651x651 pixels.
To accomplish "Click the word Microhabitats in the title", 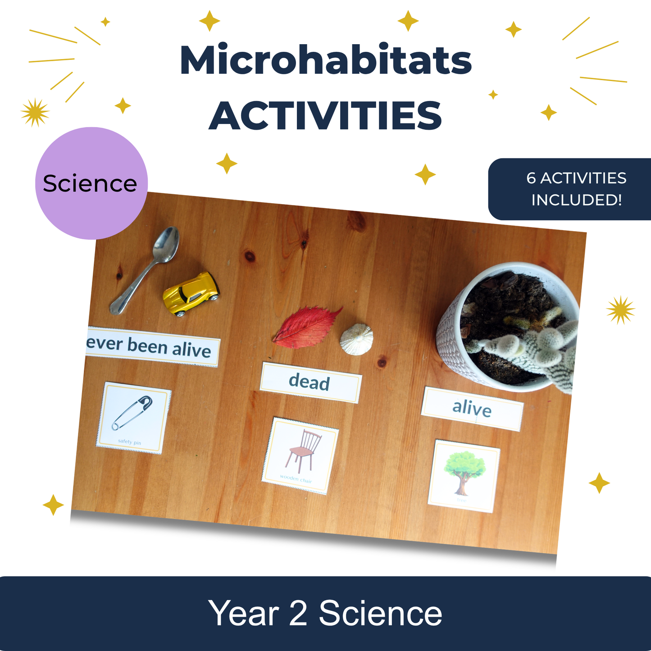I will tap(325, 61).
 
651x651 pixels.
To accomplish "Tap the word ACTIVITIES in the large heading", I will tap(325, 116).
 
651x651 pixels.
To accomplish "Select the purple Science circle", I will tap(91, 183).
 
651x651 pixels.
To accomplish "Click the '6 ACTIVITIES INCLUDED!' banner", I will tap(572, 189).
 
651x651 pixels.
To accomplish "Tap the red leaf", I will tap(306, 327).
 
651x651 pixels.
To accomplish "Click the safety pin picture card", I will tap(133, 418).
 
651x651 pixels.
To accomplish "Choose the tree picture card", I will tap(464, 476).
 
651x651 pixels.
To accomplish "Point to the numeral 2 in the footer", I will tap(298, 614).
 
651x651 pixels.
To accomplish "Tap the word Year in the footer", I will tap(244, 614).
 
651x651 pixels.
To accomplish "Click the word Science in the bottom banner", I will tap(381, 614).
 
